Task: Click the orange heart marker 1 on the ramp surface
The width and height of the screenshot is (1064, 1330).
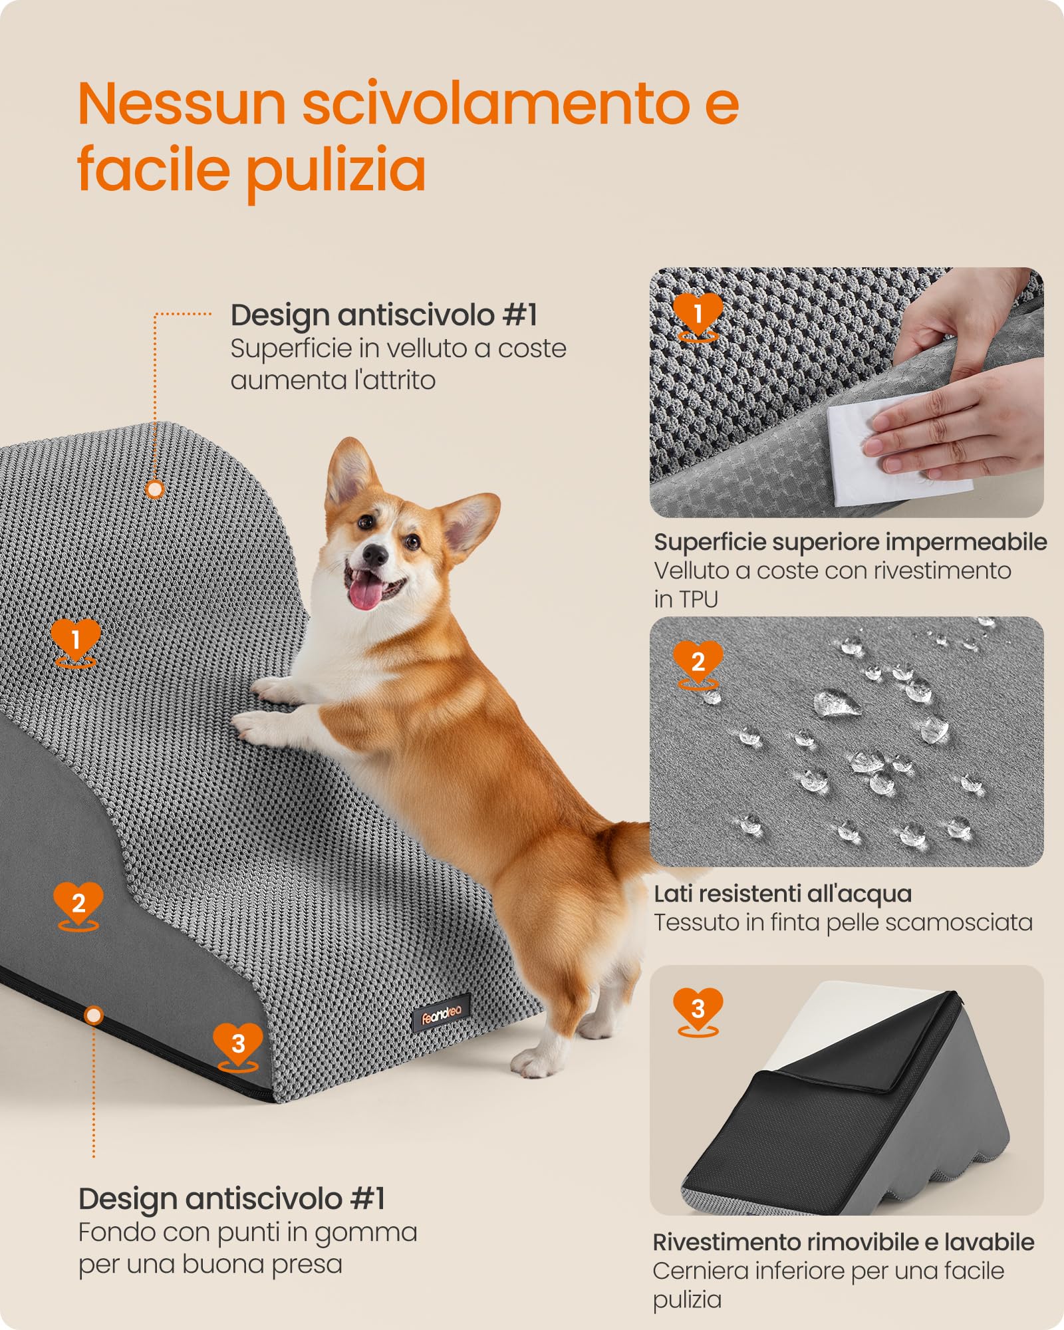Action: (76, 639)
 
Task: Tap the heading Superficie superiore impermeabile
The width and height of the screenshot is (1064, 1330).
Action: (850, 542)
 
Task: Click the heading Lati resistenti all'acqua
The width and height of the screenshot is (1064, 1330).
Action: (783, 894)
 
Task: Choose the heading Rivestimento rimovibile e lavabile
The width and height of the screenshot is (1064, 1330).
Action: (843, 1242)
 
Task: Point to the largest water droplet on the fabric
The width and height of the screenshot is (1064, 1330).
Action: (835, 704)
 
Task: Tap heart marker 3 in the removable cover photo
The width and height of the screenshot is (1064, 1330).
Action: (698, 1009)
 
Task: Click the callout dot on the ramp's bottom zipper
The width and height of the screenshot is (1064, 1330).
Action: (94, 1015)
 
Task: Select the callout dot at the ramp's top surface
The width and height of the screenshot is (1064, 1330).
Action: (155, 490)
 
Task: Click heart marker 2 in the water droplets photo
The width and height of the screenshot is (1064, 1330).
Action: (698, 662)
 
